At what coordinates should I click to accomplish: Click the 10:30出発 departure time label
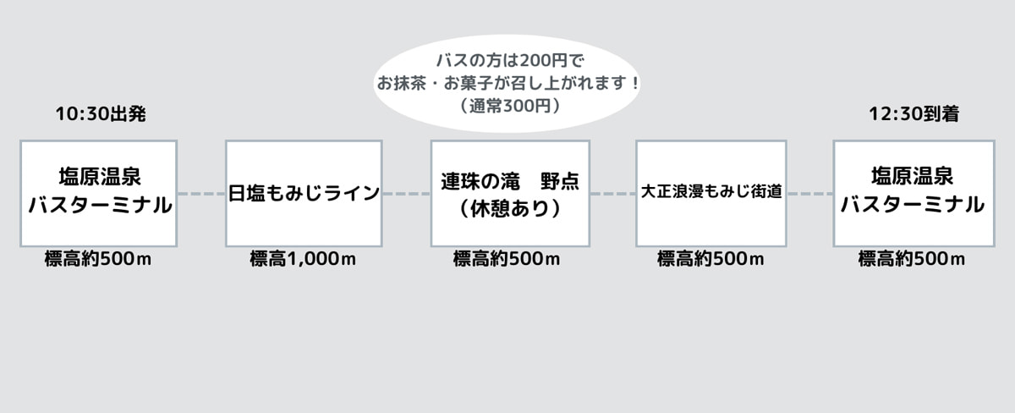coord(101,113)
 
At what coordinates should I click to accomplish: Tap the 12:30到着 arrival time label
coord(914,113)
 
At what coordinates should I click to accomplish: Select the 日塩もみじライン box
coord(304,194)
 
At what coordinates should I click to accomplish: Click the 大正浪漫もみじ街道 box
coord(711,194)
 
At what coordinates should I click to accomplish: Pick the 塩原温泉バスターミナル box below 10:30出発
coord(98,194)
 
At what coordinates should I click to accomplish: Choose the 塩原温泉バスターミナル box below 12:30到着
coord(914,194)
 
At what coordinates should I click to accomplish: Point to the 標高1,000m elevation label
coord(303,259)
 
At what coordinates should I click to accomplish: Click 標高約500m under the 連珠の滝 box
coord(507,259)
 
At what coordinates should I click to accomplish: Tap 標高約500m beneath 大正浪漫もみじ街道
coord(710,259)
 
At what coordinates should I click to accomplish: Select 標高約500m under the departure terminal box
coord(98,259)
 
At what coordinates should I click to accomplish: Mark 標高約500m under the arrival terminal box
coord(912,259)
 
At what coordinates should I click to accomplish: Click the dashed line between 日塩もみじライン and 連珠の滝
coord(407,194)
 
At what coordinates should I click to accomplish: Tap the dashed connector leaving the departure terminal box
coord(201,194)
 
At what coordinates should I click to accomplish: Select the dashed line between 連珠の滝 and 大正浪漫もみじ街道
coord(612,194)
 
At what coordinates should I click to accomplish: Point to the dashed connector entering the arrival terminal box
coord(810,194)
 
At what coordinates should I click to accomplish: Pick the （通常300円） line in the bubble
coord(510,106)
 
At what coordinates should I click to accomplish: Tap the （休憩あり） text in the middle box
coord(510,208)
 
